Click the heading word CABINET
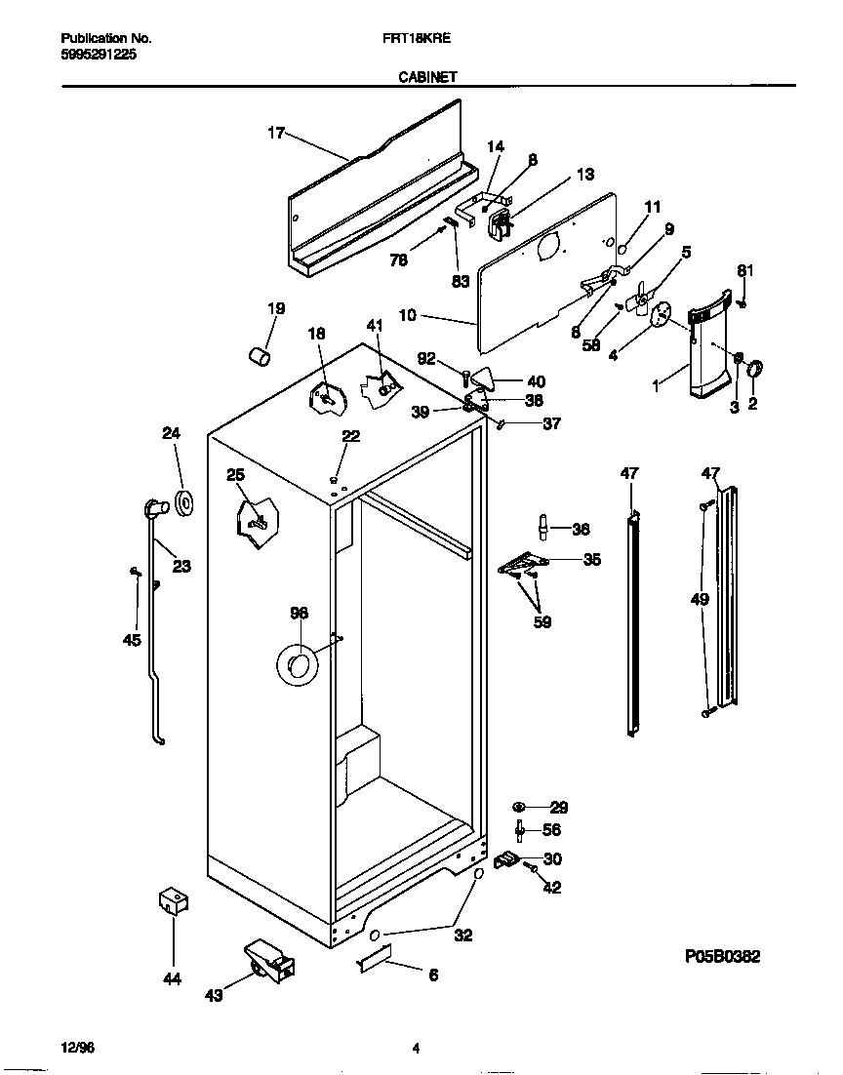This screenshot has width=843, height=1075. pyautogui.click(x=427, y=76)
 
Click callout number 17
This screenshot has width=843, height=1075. pyautogui.click(x=276, y=134)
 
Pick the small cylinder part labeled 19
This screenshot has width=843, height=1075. pyautogui.click(x=260, y=358)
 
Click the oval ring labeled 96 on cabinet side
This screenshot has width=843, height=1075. pyautogui.click(x=299, y=664)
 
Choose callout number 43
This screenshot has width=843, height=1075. pyautogui.click(x=214, y=995)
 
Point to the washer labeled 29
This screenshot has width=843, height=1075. pyautogui.click(x=519, y=807)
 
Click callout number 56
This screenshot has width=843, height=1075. pyautogui.click(x=551, y=830)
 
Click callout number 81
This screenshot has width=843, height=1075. pyautogui.click(x=744, y=270)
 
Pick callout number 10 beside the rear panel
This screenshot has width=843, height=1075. pyautogui.click(x=408, y=315)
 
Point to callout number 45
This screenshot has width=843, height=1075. pyautogui.click(x=132, y=640)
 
